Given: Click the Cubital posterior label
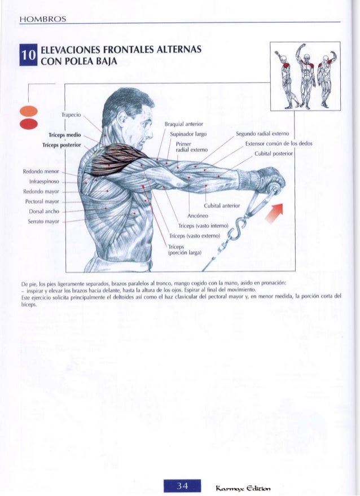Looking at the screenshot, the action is coord(274,153).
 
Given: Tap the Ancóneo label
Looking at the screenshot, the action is coord(198,215).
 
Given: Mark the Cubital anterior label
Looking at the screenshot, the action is coord(223,205).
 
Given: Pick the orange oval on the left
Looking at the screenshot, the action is coord(27,112).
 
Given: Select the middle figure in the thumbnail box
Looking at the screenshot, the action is coord(305,76).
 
